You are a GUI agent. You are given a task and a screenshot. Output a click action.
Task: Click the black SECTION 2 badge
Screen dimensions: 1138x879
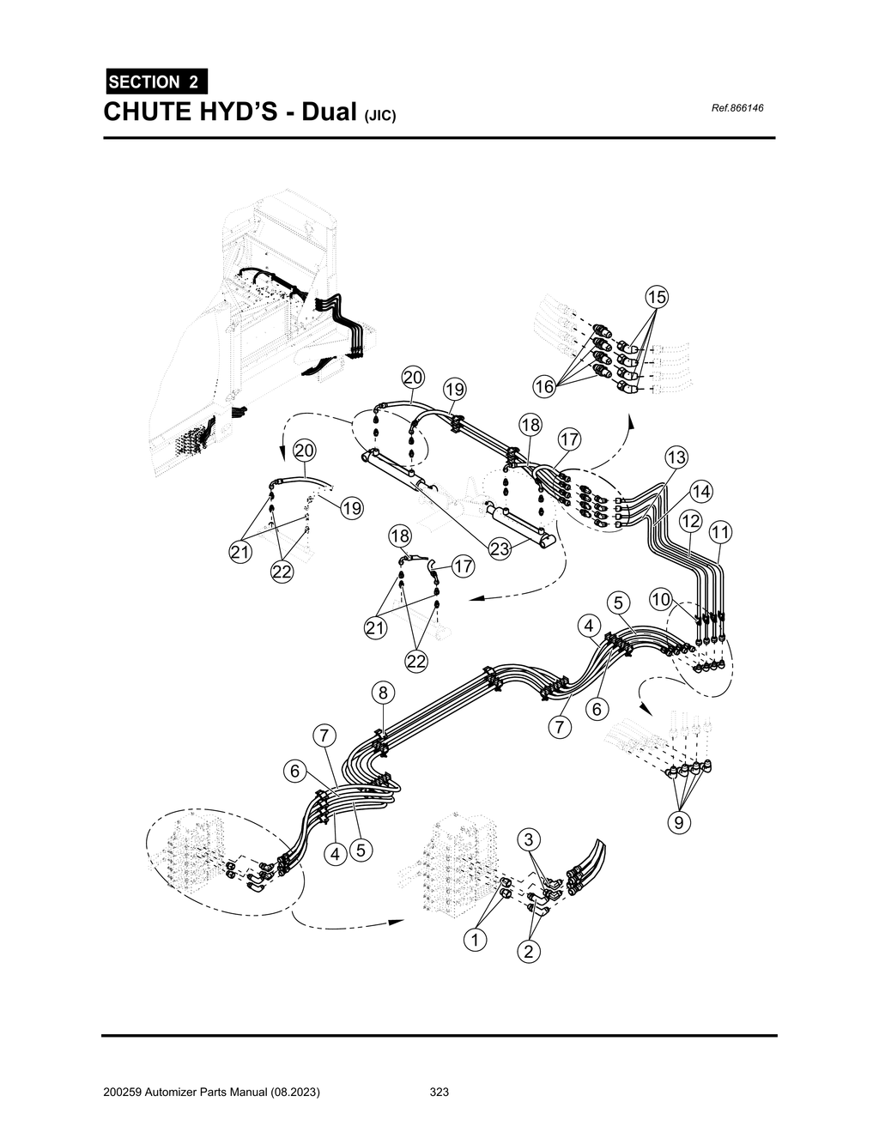pyautogui.click(x=154, y=82)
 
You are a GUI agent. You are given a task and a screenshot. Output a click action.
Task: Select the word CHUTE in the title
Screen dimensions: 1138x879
pyautogui.click(x=147, y=112)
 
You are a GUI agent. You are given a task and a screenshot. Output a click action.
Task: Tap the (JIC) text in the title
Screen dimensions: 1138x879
pyautogui.click(x=381, y=116)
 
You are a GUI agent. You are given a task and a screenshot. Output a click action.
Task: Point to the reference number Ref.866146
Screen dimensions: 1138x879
pyautogui.click(x=737, y=108)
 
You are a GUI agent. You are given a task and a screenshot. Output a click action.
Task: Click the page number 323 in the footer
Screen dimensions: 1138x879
pyautogui.click(x=439, y=1093)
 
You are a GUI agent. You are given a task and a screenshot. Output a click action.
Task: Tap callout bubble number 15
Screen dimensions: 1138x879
pyautogui.click(x=656, y=297)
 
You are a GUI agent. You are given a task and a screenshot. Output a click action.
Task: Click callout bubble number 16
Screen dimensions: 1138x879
pyautogui.click(x=544, y=387)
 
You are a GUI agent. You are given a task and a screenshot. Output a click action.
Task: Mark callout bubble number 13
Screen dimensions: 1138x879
pyautogui.click(x=676, y=457)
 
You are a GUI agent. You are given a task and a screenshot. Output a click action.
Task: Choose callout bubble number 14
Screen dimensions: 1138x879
pyautogui.click(x=701, y=492)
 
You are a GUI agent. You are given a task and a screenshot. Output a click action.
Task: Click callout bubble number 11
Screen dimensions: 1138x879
pyautogui.click(x=719, y=532)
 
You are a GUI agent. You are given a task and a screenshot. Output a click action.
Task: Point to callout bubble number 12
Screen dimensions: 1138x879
pyautogui.click(x=690, y=521)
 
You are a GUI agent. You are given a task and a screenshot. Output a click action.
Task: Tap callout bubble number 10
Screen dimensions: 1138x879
pyautogui.click(x=660, y=599)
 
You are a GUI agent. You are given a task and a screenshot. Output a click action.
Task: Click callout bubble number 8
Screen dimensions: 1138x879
pyautogui.click(x=383, y=692)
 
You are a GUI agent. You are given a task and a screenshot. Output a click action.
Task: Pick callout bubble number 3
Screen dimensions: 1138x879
pyautogui.click(x=530, y=838)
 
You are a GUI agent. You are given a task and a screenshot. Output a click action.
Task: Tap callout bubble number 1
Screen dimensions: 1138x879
pyautogui.click(x=473, y=940)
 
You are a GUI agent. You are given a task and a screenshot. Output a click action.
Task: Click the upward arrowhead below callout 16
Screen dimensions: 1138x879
pyautogui.click(x=631, y=423)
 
